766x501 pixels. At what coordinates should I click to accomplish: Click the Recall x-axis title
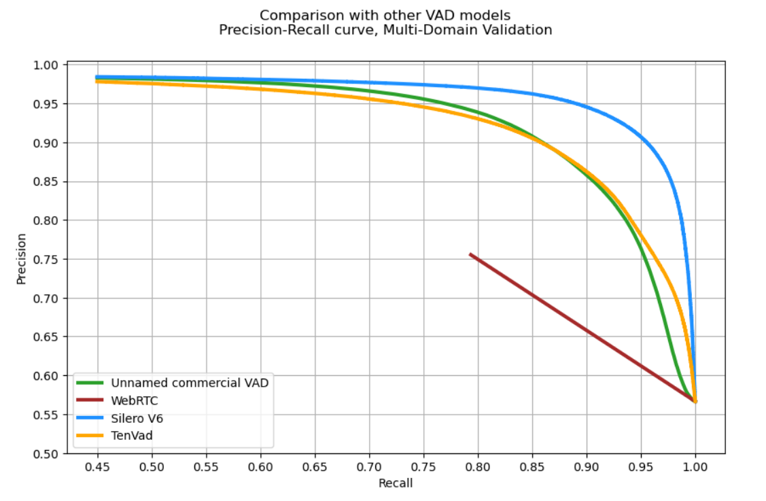(396, 483)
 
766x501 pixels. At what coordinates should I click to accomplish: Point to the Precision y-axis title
(22, 259)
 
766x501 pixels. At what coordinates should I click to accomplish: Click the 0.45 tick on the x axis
(98, 468)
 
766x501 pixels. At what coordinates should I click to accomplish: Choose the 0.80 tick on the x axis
(478, 468)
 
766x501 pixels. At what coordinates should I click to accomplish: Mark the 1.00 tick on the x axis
(695, 468)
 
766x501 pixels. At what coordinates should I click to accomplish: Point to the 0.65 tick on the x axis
(315, 468)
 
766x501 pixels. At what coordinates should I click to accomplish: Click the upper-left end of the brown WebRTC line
(470, 254)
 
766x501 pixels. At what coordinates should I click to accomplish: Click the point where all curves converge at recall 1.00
(695, 401)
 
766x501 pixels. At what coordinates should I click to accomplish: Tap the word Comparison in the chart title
(293, 15)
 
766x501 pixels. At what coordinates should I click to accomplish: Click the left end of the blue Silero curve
(97, 77)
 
